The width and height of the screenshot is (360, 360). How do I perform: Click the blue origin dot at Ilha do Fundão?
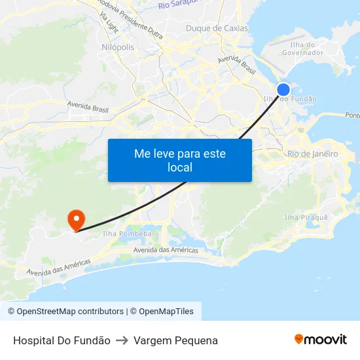(x=283, y=90)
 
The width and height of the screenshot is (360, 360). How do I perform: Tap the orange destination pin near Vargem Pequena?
(x=76, y=219)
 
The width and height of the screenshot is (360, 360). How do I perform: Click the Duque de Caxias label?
(x=217, y=28)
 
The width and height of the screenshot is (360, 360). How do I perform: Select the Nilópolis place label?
(x=118, y=47)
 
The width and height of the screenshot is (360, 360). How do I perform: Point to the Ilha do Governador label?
(x=302, y=48)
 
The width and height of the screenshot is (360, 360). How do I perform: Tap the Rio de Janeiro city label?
(x=312, y=154)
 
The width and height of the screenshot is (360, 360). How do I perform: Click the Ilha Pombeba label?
(x=128, y=234)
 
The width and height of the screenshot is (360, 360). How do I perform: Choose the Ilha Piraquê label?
(x=306, y=217)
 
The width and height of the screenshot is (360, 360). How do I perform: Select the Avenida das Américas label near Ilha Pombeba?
(x=165, y=250)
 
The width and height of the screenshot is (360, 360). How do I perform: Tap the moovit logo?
(x=320, y=339)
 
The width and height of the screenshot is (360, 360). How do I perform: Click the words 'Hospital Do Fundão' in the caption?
(x=62, y=340)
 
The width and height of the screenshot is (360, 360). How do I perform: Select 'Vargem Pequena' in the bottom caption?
(x=175, y=340)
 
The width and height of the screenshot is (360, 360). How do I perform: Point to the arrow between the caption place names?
(x=122, y=340)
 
